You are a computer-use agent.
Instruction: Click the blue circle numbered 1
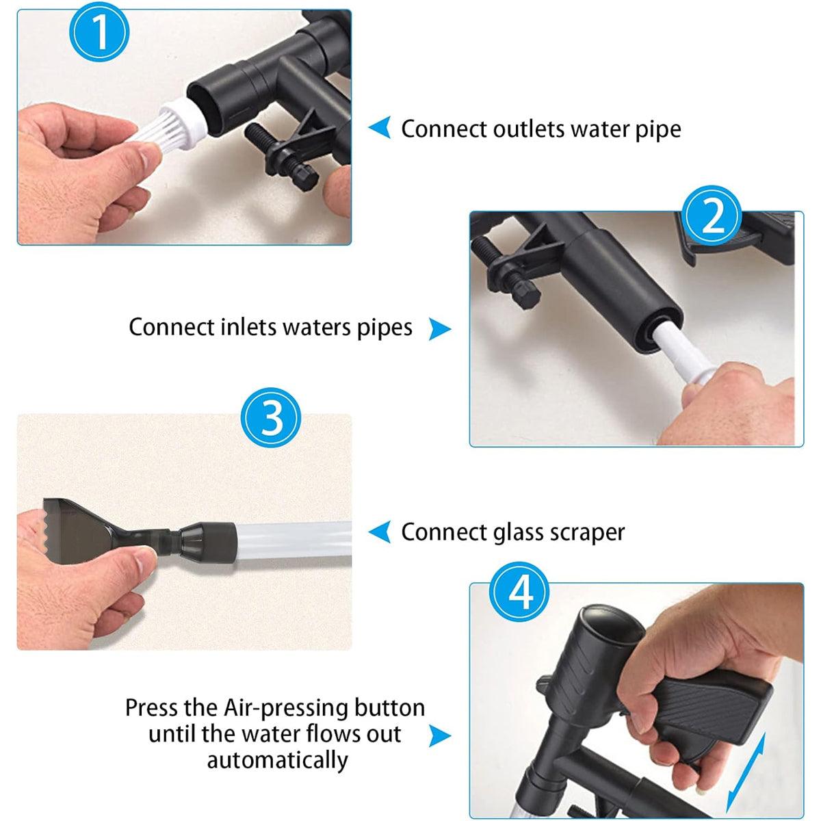99,32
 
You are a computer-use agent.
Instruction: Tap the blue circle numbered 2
712,216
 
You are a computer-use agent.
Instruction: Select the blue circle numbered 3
271,418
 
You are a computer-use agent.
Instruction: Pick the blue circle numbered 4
519,591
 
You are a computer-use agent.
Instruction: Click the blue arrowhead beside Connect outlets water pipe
380,127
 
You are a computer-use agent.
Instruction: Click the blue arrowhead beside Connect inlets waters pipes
439,329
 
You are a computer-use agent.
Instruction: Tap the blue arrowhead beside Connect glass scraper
380,532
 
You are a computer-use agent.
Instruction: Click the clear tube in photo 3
294,543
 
